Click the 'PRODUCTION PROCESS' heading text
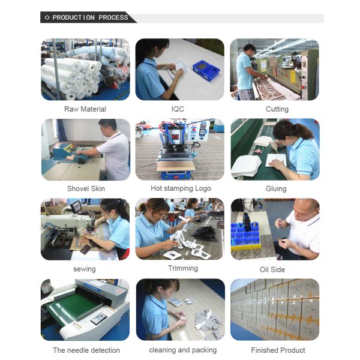point(90,17)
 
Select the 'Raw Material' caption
point(85,109)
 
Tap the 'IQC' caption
point(178,109)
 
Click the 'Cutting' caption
point(277,109)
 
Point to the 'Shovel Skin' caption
point(86,188)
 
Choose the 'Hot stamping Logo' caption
point(181,188)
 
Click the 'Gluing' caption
point(276,189)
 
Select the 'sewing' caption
point(85,269)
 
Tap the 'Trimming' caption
point(183,268)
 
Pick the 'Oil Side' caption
point(272,269)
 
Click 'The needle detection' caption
point(86,350)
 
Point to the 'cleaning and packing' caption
point(183,350)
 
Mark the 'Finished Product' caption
point(278,350)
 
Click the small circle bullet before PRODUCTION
point(47,17)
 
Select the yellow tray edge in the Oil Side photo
point(246,247)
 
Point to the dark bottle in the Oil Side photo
point(247,223)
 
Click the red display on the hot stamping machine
point(175,137)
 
